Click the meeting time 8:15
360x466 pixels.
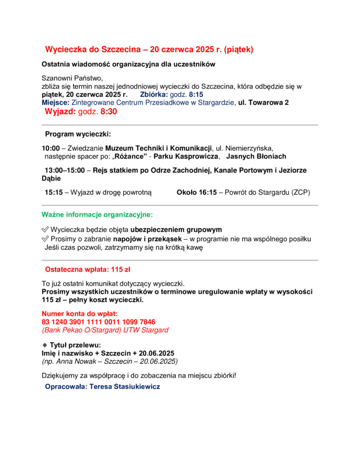click(196, 95)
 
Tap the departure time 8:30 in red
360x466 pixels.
click(109, 112)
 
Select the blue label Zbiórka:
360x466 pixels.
click(154, 95)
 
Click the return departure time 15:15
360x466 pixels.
click(53, 192)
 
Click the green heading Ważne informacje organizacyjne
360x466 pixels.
click(97, 214)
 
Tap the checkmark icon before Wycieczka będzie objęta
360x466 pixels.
click(45, 230)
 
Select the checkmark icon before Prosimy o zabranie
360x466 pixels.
click(45, 239)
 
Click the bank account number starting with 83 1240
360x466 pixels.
click(98, 322)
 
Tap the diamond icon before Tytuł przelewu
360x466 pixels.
click(45, 345)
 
